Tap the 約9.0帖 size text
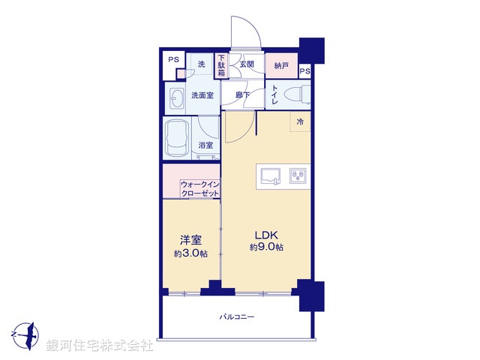click(x=265, y=247)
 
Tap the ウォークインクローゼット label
click(x=200, y=189)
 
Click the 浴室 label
click(x=205, y=145)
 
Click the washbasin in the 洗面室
click(x=177, y=98)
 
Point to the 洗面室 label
click(x=202, y=96)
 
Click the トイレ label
click(x=275, y=95)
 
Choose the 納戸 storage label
click(x=281, y=64)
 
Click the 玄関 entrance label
click(x=247, y=64)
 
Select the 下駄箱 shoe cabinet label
click(x=222, y=64)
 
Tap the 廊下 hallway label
click(x=242, y=95)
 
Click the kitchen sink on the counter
click(x=270, y=176)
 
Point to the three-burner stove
click(x=296, y=176)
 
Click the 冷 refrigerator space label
click(x=300, y=121)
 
